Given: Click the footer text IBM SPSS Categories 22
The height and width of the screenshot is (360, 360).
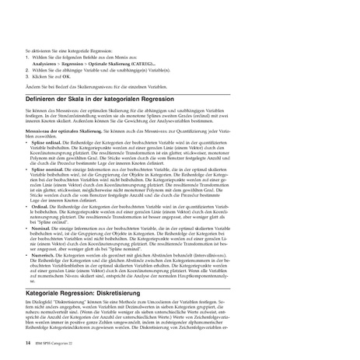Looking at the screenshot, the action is tap(58, 343).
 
